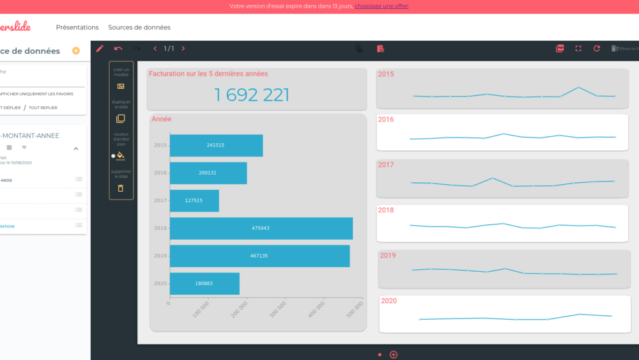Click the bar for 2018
pyautogui.click(x=261, y=228)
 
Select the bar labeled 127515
pyautogui.click(x=194, y=201)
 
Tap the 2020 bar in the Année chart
pyautogui.click(x=204, y=284)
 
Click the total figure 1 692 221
pyautogui.click(x=252, y=95)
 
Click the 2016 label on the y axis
pyautogui.click(x=160, y=173)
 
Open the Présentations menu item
pyautogui.click(x=77, y=27)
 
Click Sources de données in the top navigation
pyautogui.click(x=139, y=27)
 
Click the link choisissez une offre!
pyautogui.click(x=381, y=6)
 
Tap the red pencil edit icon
pyautogui.click(x=100, y=49)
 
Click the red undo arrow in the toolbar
pyautogui.click(x=118, y=49)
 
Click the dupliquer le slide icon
pyautogui.click(x=121, y=119)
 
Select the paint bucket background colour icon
pyautogui.click(x=121, y=155)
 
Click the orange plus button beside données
pyautogui.click(x=76, y=51)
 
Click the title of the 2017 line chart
pyautogui.click(x=386, y=165)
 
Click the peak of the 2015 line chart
pyautogui.click(x=578, y=87)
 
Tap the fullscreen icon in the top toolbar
pyautogui.click(x=578, y=49)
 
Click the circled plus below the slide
pyautogui.click(x=394, y=354)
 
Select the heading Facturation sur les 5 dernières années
pyautogui.click(x=208, y=74)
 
